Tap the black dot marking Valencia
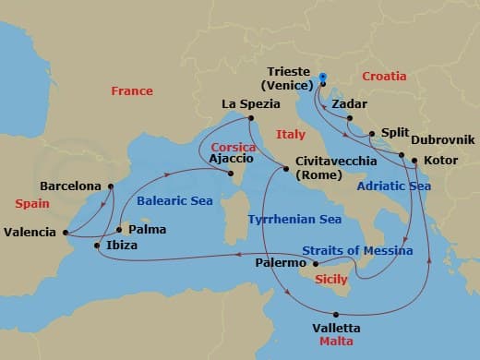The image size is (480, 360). pos(66,232)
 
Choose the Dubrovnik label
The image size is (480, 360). pos(442,139)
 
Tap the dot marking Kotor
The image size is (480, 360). pos(413,162)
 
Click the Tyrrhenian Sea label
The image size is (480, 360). pos(294,220)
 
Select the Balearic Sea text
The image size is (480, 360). pos(175,198)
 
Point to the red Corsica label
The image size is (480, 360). pos(232,147)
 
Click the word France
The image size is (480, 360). pos(132,91)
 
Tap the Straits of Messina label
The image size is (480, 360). pos(357,250)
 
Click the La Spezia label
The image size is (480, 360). pos(250,104)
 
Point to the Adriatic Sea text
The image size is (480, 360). pos(394,186)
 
